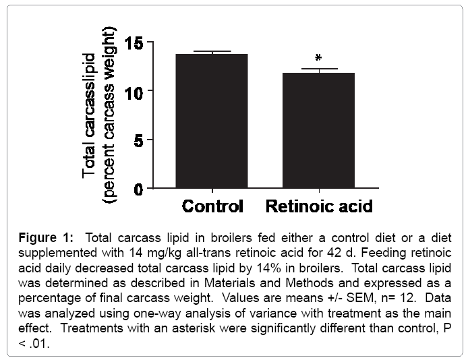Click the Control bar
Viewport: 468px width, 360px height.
(212, 121)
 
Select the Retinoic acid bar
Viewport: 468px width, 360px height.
(318, 131)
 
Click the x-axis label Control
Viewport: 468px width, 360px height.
(212, 206)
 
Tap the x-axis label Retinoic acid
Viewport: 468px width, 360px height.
(318, 206)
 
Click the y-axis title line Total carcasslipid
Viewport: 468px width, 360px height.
(90, 105)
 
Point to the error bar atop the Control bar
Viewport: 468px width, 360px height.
(212, 52)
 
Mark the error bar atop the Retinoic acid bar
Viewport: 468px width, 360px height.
(318, 69)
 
